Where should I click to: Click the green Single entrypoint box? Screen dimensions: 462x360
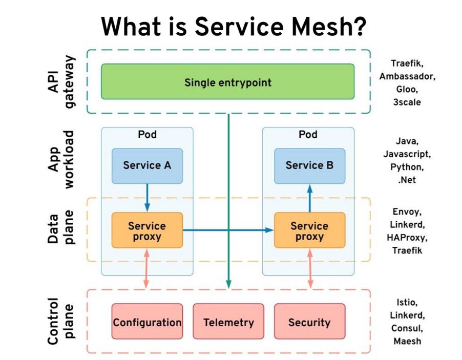click(228, 81)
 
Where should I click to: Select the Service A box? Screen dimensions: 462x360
click(147, 166)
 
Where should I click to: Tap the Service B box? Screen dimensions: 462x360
click(310, 166)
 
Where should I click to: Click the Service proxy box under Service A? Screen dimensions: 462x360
click(147, 230)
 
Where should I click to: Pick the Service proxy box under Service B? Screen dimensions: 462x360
click(310, 230)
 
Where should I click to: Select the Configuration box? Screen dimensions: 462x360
click(147, 322)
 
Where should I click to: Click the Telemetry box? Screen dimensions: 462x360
click(228, 322)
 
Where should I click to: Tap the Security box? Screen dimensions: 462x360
click(310, 322)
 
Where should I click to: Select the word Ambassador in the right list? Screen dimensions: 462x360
click(407, 76)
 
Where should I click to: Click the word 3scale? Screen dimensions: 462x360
click(407, 102)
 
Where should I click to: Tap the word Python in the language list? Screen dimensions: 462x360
click(407, 167)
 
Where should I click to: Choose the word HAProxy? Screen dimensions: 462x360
click(407, 238)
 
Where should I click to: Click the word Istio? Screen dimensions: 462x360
click(407, 302)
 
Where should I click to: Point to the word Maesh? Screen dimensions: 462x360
click(407, 341)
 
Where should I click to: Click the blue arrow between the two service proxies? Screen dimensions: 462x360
click(228, 230)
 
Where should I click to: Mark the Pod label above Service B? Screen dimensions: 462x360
click(308, 134)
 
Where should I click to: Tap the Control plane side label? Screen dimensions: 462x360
click(60, 321)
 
